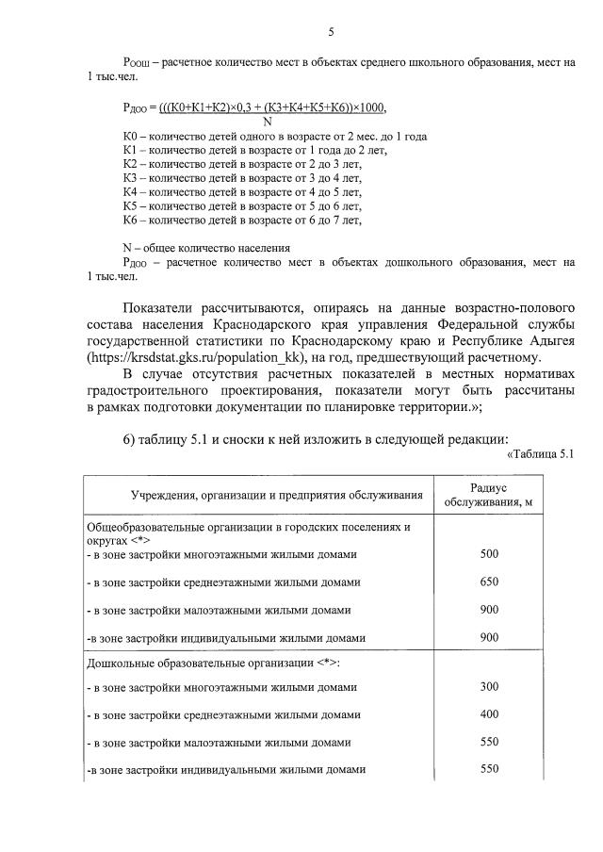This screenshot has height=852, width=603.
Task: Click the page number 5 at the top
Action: pyautogui.click(x=331, y=32)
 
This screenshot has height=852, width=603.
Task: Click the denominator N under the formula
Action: pyautogui.click(x=267, y=121)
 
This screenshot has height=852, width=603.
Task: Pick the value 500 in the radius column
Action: pyautogui.click(x=489, y=553)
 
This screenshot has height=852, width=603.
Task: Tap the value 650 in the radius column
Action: pyautogui.click(x=489, y=582)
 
